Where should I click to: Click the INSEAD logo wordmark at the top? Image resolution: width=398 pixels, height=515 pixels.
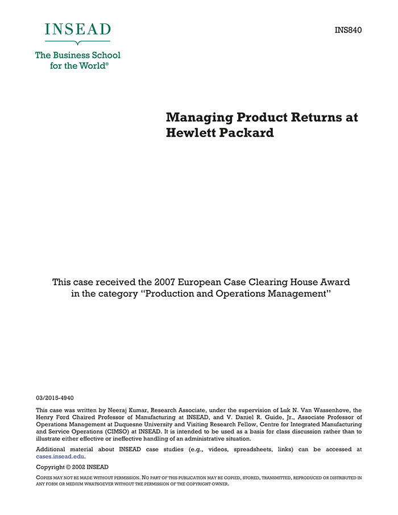[x=78, y=29]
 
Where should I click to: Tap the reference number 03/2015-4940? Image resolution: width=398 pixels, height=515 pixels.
[x=55, y=398]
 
